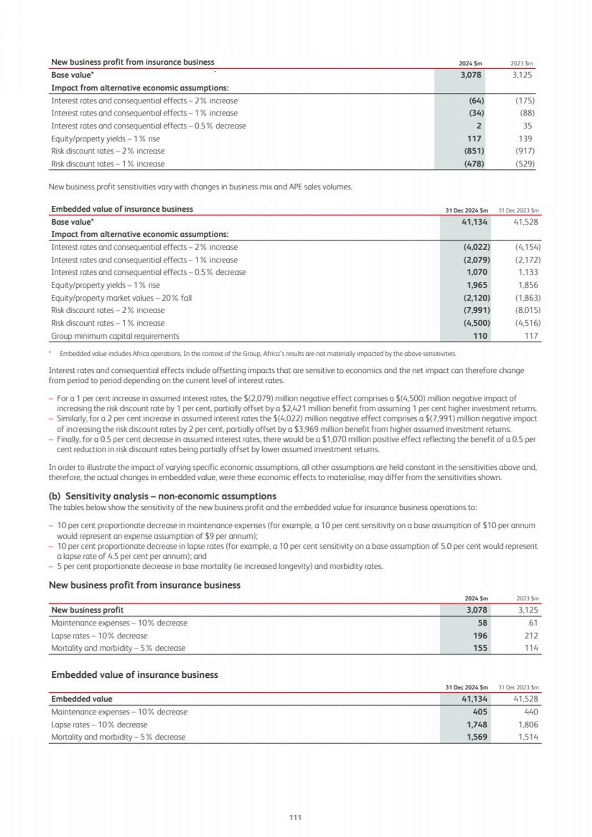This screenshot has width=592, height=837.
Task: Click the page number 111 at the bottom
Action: [x=295, y=817]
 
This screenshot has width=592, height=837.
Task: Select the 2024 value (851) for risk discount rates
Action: [x=474, y=151]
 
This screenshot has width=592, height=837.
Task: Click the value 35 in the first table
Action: [x=527, y=126]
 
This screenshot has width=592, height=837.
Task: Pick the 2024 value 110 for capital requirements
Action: [x=480, y=336]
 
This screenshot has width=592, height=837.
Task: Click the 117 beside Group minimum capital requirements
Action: [x=531, y=336]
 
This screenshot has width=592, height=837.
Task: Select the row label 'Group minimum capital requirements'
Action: [x=115, y=336]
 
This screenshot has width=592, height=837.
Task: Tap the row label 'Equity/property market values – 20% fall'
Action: [x=121, y=298]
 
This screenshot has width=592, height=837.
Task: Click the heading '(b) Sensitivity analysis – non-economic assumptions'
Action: [x=162, y=496]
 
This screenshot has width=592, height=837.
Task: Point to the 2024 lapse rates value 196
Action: [x=480, y=635]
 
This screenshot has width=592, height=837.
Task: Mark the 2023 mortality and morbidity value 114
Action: [x=531, y=648]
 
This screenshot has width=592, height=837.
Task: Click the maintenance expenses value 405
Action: [x=480, y=711]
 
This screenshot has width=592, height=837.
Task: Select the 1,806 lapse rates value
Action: [x=528, y=725]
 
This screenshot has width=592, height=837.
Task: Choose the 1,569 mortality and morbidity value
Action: [x=477, y=737]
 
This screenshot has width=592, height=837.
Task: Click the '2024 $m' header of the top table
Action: [x=470, y=64]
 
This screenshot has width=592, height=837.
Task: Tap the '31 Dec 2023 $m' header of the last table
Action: [x=518, y=687]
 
